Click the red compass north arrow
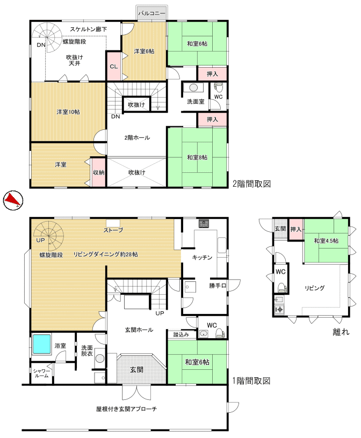12,199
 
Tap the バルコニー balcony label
151,13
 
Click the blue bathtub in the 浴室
42,344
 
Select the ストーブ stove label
113,230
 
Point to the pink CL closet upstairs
113,66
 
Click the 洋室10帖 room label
68,112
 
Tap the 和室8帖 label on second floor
197,157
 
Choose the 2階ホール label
137,137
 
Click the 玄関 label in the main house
137,369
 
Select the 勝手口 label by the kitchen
218,286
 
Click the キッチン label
202,257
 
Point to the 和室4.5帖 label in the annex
326,240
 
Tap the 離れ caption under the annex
341,332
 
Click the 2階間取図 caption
251,184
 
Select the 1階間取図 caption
251,381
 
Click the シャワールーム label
42,373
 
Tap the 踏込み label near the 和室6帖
181,334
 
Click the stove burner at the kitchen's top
204,223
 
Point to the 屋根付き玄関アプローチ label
126,409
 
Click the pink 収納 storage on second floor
98,172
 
